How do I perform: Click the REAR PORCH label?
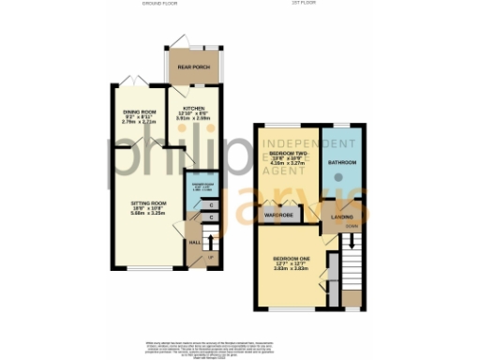tap(192, 68)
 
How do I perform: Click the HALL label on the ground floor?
tap(195, 243)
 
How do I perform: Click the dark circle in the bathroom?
tap(338, 178)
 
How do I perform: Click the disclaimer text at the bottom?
tap(240, 346)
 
